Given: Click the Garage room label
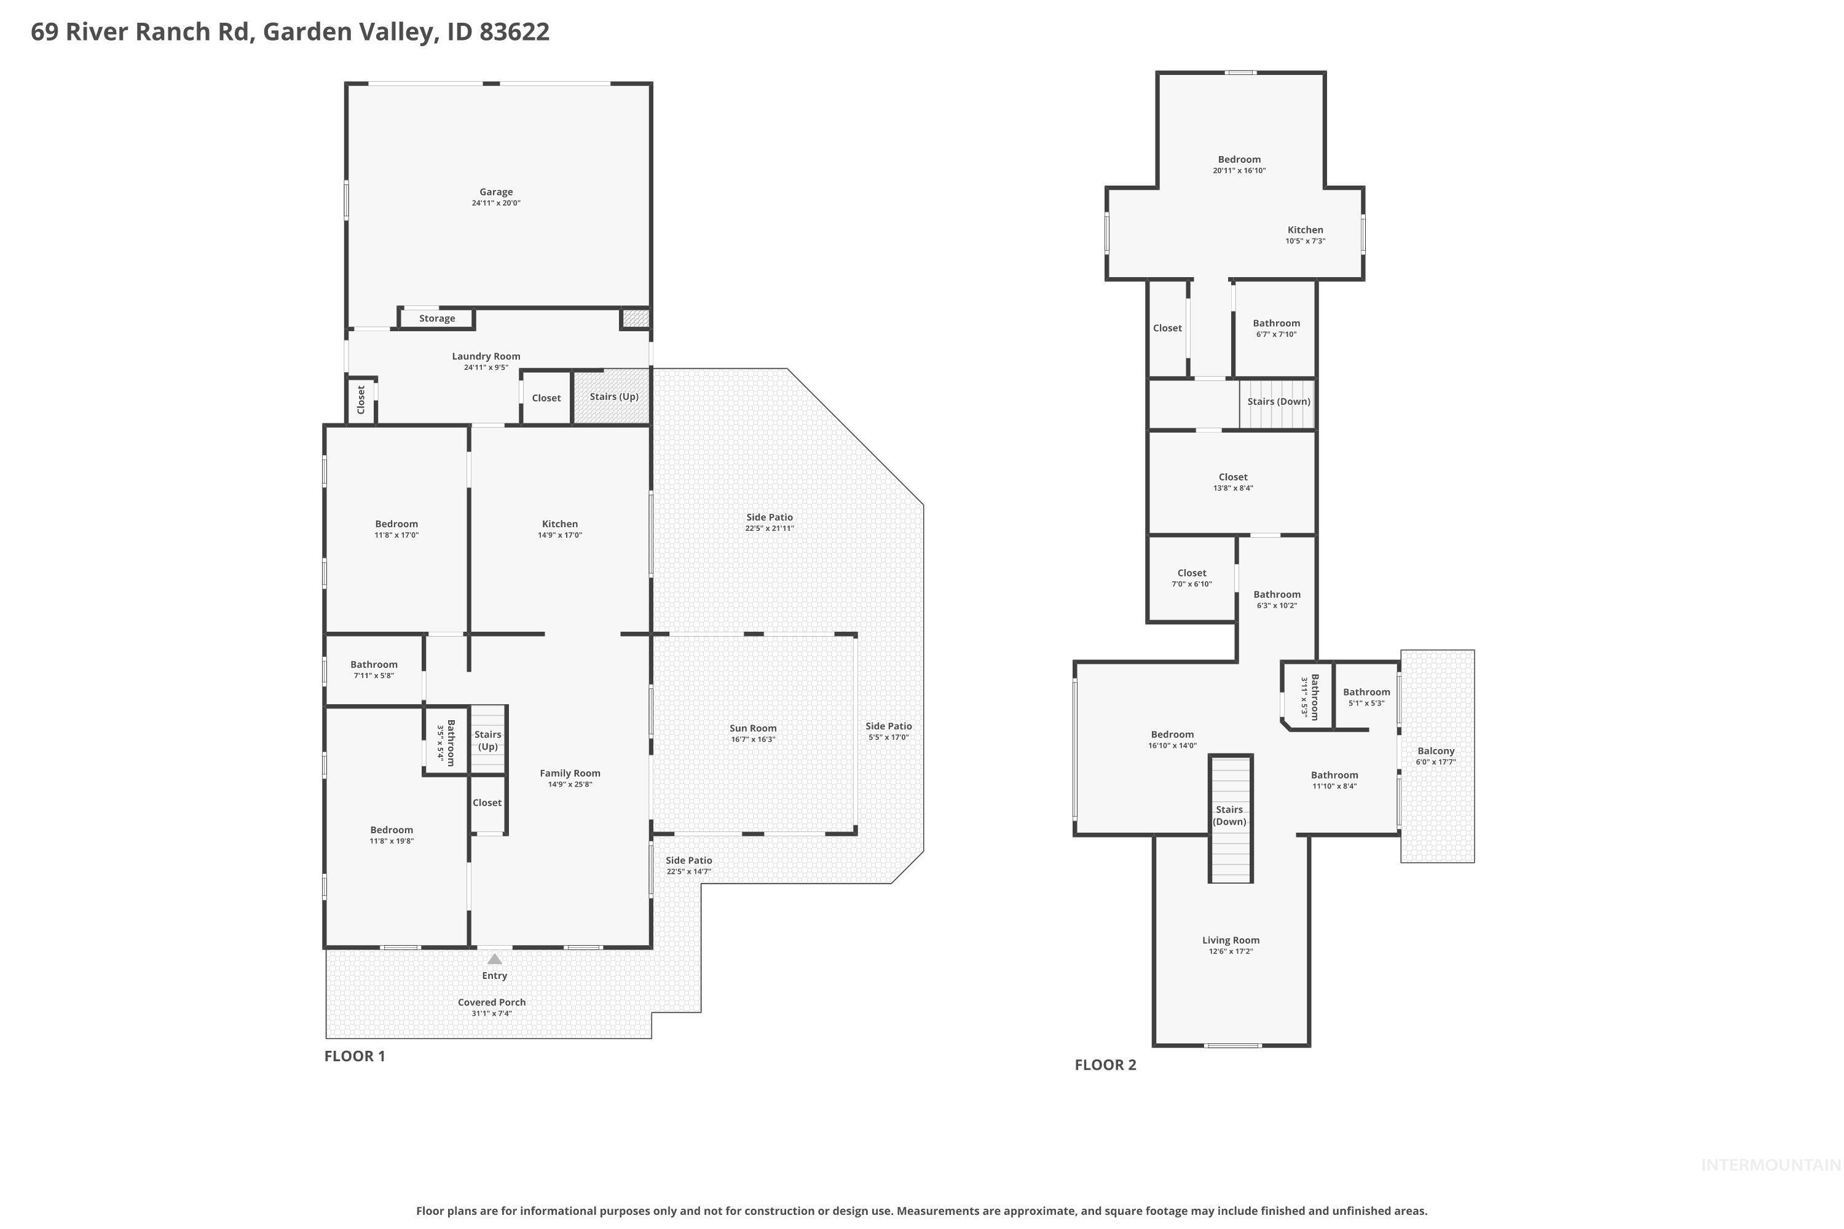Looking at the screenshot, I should click(495, 192).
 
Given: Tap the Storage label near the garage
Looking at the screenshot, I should click(436, 318).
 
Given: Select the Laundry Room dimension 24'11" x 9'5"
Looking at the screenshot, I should click(486, 367).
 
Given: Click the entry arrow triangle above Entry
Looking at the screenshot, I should click(494, 959).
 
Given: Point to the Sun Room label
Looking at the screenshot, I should click(752, 728).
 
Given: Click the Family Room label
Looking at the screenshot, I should click(569, 774).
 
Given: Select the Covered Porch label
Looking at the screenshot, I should click(492, 1002).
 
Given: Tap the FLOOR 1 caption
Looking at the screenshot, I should click(355, 1056).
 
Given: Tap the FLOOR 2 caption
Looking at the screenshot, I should click(1105, 1064).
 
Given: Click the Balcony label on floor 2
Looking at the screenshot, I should click(1435, 751).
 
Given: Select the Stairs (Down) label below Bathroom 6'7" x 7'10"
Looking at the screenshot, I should click(1278, 401).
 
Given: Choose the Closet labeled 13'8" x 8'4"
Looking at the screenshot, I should click(1232, 477).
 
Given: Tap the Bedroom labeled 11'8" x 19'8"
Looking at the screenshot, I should click(391, 830).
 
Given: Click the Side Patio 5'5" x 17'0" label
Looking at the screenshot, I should click(888, 726).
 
